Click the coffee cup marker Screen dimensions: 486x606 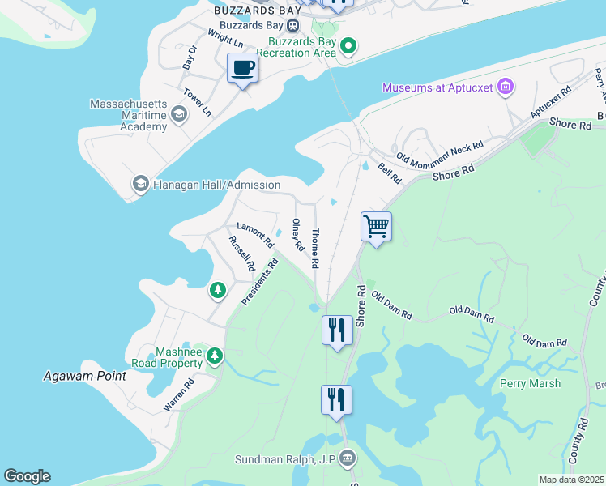click(x=242, y=68)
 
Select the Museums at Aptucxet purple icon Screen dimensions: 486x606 click(x=506, y=87)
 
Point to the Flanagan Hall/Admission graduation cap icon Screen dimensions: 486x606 click(x=140, y=185)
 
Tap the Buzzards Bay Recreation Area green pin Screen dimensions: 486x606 click(x=348, y=45)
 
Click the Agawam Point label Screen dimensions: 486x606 click(x=85, y=376)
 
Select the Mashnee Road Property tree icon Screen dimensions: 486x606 click(x=214, y=356)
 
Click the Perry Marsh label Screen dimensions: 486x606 click(x=530, y=383)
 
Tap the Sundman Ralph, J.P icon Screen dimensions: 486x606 click(x=348, y=459)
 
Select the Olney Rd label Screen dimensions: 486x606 click(x=297, y=234)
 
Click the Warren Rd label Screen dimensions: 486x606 click(x=180, y=394)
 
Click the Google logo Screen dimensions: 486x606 click(x=27, y=476)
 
